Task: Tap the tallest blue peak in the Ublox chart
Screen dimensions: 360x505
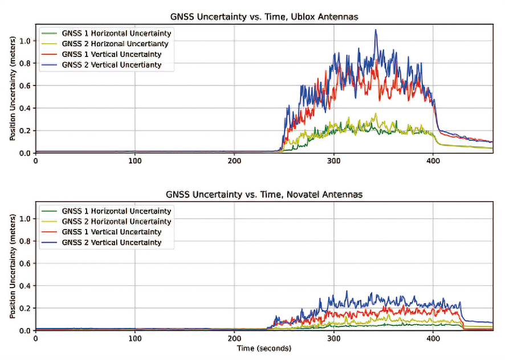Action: tap(376, 30)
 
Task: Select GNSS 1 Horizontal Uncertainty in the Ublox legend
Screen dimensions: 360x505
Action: tap(116, 33)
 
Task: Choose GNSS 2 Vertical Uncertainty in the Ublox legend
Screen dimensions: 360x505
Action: tap(112, 64)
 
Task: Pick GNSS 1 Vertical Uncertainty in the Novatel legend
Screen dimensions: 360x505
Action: tap(112, 232)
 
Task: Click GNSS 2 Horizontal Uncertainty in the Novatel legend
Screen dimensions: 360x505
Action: tap(116, 222)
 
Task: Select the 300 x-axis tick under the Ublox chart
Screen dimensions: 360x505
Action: tap(334, 161)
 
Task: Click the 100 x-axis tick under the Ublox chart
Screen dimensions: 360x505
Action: tap(135, 161)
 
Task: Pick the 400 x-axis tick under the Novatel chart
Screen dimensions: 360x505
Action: tap(433, 338)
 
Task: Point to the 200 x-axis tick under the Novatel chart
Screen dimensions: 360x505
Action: tap(235, 338)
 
